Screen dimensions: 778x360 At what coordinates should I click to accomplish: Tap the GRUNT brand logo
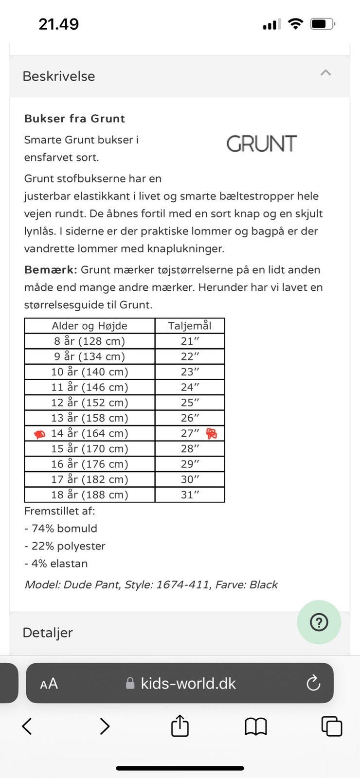point(261,144)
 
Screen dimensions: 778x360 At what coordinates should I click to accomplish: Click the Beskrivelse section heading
point(59,76)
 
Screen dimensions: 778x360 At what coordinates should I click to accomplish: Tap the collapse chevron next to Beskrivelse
point(325,73)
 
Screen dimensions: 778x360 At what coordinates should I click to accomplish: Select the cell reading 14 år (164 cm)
point(90,433)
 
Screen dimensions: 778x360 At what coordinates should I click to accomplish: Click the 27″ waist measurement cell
point(190,433)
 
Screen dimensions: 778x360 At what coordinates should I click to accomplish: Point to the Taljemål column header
point(190,326)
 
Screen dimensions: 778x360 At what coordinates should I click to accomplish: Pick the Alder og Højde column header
point(90,326)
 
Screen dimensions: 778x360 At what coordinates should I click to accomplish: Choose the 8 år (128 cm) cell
point(90,341)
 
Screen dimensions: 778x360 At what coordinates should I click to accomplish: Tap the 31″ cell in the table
point(190,495)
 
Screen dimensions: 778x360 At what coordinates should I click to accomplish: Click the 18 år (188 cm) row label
point(90,495)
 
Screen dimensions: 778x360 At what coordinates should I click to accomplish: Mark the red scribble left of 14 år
point(39,434)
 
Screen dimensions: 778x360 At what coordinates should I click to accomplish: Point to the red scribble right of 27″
point(212,433)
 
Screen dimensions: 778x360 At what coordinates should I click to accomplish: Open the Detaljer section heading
point(48,633)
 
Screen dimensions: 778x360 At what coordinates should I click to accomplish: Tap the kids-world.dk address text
point(188,683)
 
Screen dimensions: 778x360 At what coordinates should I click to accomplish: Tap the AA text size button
point(49,684)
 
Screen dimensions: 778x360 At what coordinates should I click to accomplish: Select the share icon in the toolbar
point(180,726)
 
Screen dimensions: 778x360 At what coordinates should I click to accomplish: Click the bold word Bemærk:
point(51,270)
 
